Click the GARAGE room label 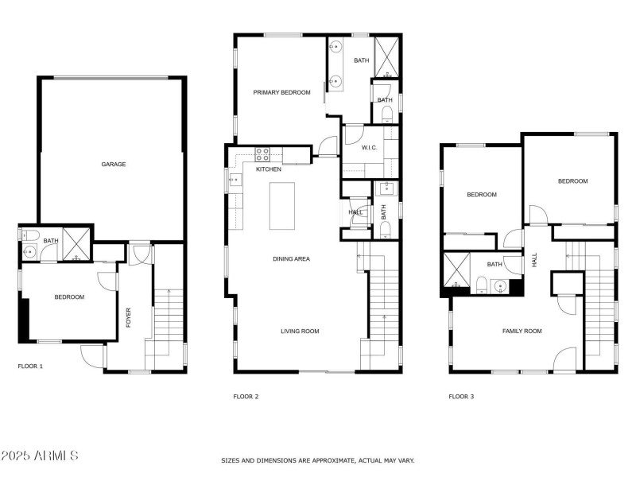[114, 165]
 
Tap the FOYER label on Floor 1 [128, 316]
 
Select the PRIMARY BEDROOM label [281, 93]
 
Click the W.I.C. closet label [369, 147]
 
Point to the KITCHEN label [269, 169]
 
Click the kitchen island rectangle [281, 206]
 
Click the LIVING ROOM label [300, 332]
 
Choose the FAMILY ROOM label [522, 331]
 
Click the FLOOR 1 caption [30, 366]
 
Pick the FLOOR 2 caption [246, 397]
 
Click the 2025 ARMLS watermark [40, 456]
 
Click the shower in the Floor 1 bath [77, 243]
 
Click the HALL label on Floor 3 [535, 259]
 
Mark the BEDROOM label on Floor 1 [69, 297]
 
